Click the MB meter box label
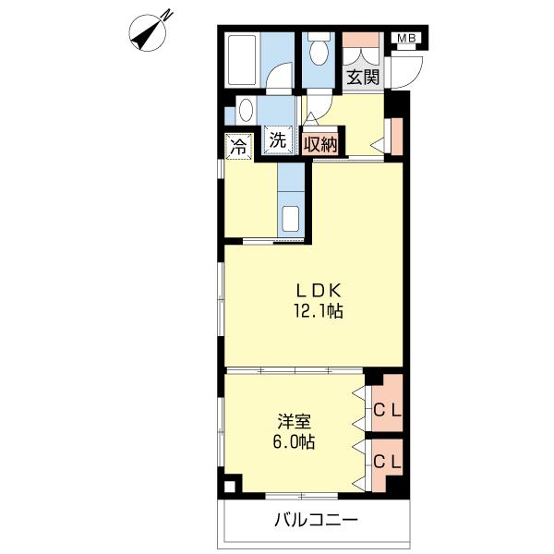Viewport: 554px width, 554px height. (406, 38)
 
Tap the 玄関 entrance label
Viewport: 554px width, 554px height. (363, 77)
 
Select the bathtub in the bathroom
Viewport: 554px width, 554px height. (242, 59)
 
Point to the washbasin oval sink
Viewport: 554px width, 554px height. (247, 110)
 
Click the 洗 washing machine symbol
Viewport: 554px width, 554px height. (278, 141)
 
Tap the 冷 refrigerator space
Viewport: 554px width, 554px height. (239, 147)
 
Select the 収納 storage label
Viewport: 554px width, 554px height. (320, 145)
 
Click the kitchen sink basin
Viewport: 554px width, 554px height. (291, 218)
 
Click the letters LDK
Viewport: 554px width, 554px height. (319, 291)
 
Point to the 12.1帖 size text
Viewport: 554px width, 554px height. (319, 311)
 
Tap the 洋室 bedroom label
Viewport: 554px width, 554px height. (294, 421)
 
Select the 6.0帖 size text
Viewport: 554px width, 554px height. (294, 441)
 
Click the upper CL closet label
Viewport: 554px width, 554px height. (387, 410)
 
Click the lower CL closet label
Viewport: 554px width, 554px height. (387, 462)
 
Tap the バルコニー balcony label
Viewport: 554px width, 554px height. (316, 520)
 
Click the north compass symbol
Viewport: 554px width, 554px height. (148, 32)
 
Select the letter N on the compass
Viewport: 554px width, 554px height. (167, 15)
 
